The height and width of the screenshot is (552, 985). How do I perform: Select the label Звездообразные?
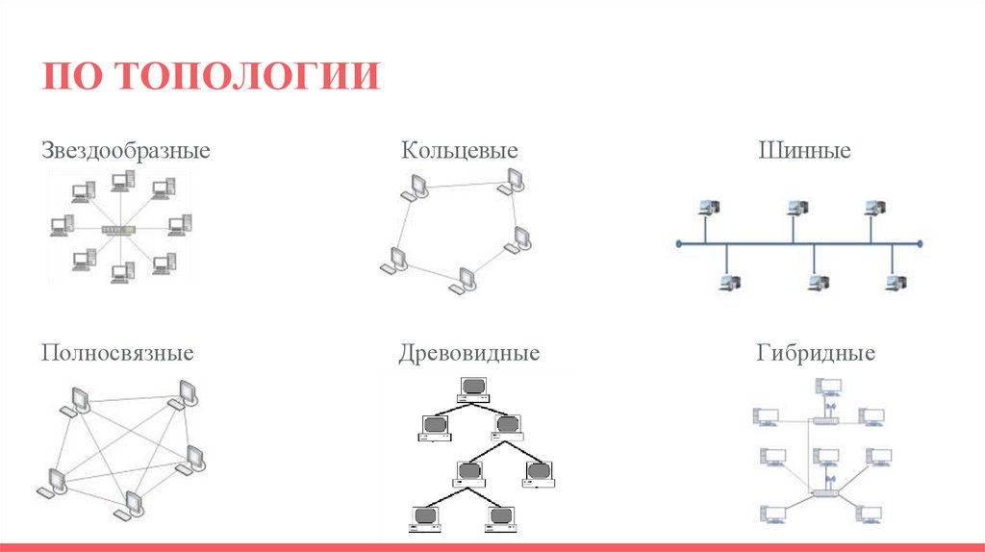pos(126,151)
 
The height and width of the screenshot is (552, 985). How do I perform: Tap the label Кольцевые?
pos(460,151)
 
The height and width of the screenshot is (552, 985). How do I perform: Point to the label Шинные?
pos(804,151)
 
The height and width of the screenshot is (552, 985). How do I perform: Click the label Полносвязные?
pos(117,353)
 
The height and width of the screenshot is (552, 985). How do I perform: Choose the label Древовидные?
pos(469,353)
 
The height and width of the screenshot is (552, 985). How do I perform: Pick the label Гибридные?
pos(816,353)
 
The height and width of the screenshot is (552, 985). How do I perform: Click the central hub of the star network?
pos(120,229)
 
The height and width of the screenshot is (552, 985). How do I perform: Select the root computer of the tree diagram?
pos(471,388)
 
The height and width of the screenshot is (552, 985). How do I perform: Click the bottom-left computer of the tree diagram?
pos(424,517)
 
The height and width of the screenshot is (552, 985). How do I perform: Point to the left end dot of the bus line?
pos(679,244)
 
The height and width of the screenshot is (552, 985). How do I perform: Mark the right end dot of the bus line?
pos(921,244)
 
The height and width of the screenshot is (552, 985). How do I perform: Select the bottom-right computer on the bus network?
pos(896,282)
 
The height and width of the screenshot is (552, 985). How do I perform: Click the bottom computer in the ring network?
pos(466,279)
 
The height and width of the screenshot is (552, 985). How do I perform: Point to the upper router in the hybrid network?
pos(826,420)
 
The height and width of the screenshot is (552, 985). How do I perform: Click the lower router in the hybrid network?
pos(826,491)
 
